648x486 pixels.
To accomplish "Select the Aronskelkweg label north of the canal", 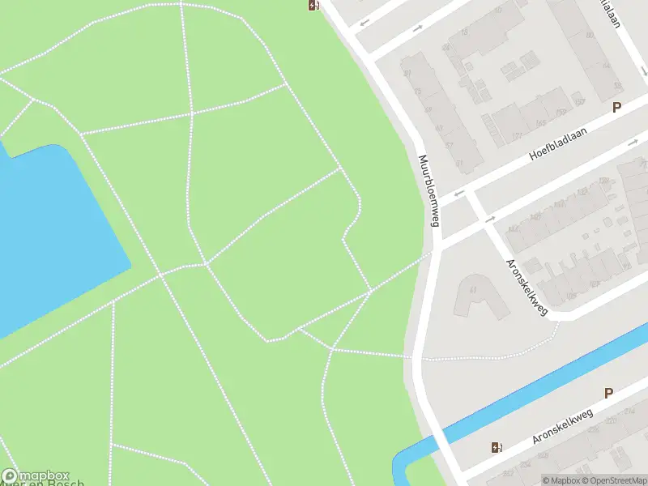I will (527, 287).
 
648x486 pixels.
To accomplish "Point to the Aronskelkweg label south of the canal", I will (563, 426).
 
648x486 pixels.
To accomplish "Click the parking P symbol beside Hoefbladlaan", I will (616, 107).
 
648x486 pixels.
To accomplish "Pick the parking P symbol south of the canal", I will (608, 394).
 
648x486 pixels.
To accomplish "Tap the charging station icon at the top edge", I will (313, 6).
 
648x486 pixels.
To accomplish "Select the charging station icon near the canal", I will (496, 447).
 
